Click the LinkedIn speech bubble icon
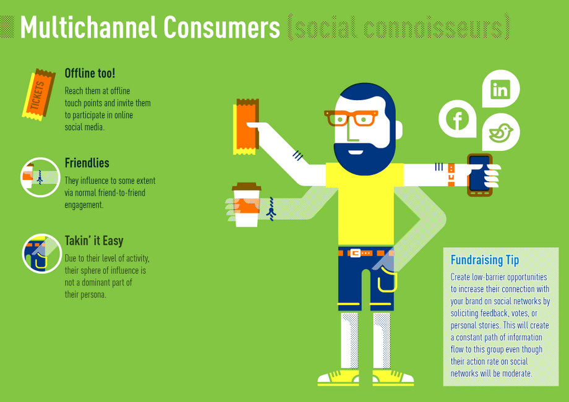pyautogui.click(x=501, y=88)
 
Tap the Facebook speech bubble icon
pyautogui.click(x=457, y=118)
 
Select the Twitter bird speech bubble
pyautogui.click(x=501, y=132)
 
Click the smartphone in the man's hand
pyautogui.click(x=479, y=175)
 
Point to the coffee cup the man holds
pyautogui.click(x=247, y=205)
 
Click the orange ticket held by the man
pyautogui.click(x=246, y=126)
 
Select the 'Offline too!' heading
pyautogui.click(x=90, y=74)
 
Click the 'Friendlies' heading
pyautogui.click(x=87, y=163)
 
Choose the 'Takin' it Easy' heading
pyautogui.click(x=95, y=241)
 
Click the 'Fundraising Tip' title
pyautogui.click(x=485, y=260)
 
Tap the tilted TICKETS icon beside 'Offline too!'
pyautogui.click(x=38, y=95)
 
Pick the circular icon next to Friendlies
pyautogui.click(x=40, y=177)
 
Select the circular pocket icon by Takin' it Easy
pyautogui.click(x=41, y=254)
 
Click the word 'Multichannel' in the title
pyautogui.click(x=88, y=27)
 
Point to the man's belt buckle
pyautogui.click(x=355, y=253)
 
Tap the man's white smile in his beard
pyautogui.click(x=355, y=152)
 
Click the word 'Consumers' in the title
pyautogui.click(x=221, y=27)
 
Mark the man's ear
pyautogui.click(x=398, y=130)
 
